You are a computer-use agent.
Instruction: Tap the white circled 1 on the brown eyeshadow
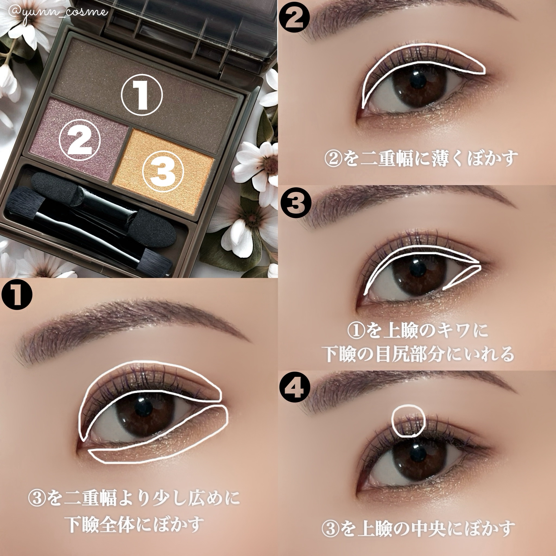tap(142, 95)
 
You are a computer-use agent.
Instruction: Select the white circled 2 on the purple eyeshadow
tap(80, 140)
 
